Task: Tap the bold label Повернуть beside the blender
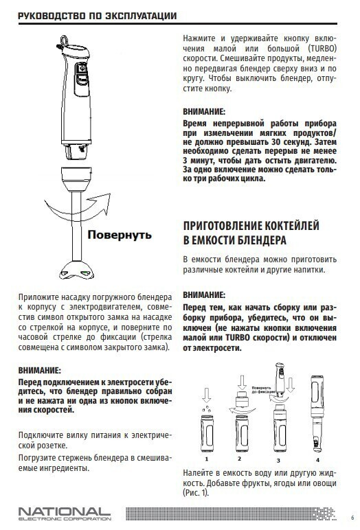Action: coord(120,235)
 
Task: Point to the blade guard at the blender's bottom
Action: coord(77,270)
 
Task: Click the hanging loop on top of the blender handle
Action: coord(63,41)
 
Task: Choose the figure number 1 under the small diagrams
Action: coord(207,459)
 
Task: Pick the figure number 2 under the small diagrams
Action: coord(240,459)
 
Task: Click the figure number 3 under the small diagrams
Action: coord(278,460)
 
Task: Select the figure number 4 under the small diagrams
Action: coord(317,460)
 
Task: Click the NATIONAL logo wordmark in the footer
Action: coord(65,511)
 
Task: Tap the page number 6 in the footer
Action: coord(352,518)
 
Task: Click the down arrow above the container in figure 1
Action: coord(206,395)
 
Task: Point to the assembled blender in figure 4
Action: coord(317,413)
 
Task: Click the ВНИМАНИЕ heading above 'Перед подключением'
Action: coord(40,371)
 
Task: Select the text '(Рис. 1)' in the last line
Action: coord(196,492)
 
